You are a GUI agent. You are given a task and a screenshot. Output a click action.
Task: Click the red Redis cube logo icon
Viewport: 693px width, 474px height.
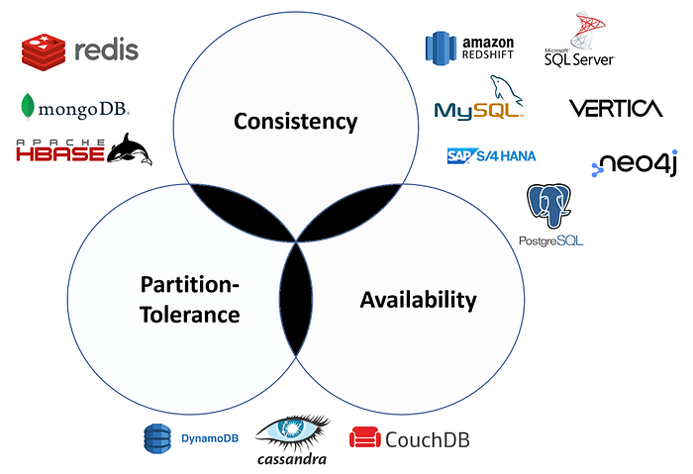point(43,50)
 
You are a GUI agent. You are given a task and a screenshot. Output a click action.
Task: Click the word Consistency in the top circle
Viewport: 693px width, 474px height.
point(295,122)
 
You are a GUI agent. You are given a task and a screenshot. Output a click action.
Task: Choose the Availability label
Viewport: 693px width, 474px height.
point(418,300)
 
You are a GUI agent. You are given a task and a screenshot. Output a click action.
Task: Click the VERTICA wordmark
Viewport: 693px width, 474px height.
point(615,108)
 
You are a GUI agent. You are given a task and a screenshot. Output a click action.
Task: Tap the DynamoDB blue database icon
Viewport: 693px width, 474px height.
point(157,436)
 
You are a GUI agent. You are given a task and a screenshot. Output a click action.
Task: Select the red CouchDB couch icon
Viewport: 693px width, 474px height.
point(365,437)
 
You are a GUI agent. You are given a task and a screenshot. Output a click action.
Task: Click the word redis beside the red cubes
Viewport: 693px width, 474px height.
point(106,49)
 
